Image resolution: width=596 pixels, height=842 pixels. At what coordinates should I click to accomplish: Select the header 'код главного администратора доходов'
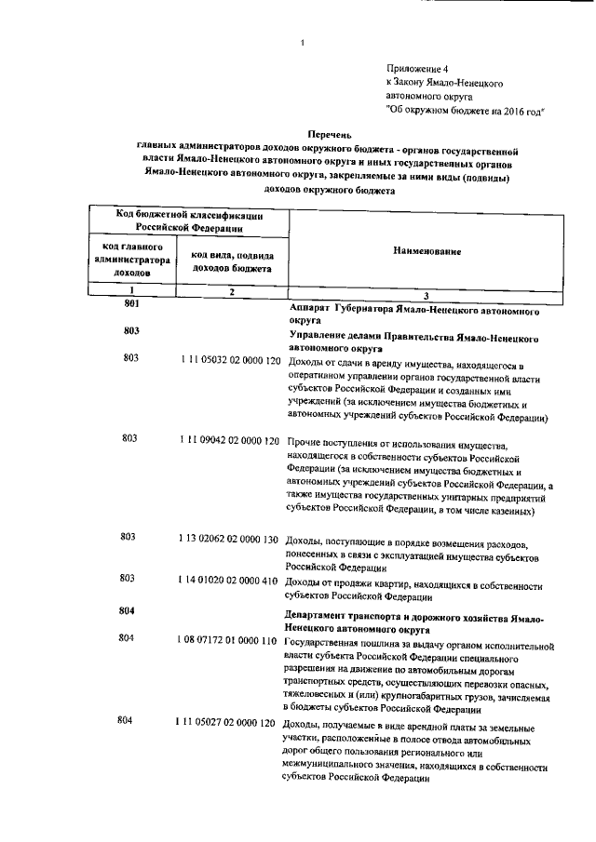(130, 261)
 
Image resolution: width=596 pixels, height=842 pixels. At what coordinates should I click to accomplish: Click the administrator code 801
(130, 304)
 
